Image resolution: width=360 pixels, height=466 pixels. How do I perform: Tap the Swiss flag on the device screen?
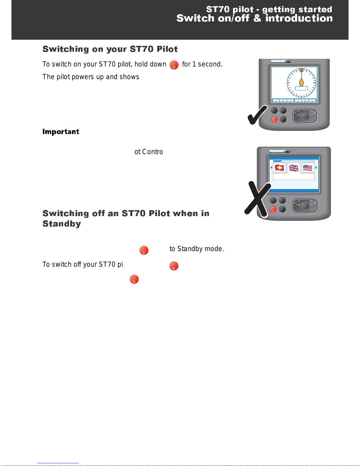coord(279,168)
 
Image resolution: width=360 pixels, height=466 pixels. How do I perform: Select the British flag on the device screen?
coord(294,168)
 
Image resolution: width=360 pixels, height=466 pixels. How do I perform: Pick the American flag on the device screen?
coord(308,168)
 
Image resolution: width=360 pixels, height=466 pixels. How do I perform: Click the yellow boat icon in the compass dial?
coord(301,82)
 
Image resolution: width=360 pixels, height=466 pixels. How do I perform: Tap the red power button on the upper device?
coord(274,119)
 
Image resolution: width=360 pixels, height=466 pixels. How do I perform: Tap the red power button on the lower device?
coord(273,209)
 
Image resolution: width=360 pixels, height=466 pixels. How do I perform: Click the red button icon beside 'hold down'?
coord(174,65)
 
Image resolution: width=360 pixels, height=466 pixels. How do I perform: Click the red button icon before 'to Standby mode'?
coord(144,250)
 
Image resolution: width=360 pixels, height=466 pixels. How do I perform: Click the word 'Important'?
coord(61,131)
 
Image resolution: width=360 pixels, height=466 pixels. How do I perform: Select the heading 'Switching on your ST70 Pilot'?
coord(110,49)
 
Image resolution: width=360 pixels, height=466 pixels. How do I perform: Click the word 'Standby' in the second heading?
coord(62,224)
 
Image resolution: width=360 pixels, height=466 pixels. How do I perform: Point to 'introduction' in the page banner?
coord(299,18)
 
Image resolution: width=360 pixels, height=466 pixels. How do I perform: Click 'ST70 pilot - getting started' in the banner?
coord(269,9)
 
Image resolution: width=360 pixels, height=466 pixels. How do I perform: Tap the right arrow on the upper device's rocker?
coord(313,113)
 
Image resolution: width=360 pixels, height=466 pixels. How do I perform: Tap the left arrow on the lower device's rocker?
coord(297,203)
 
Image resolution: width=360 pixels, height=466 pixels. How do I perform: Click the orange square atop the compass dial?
coord(301,70)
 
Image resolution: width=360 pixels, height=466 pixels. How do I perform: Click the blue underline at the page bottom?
coord(58,463)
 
